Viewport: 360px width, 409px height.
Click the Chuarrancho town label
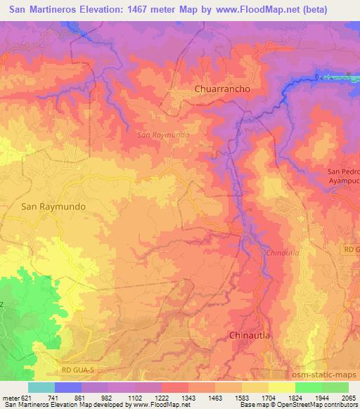pyautogui.click(x=221, y=90)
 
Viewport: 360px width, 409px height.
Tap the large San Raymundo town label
pyautogui.click(x=44, y=207)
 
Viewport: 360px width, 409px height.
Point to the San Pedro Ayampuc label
pyautogui.click(x=344, y=176)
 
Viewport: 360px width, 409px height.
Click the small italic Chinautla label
pyautogui.click(x=282, y=253)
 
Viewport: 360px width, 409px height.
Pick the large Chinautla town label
pyautogui.click(x=250, y=336)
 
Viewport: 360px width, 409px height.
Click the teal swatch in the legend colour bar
pyautogui.click(x=41, y=387)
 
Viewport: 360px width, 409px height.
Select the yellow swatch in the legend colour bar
pyautogui.click(x=281, y=387)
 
